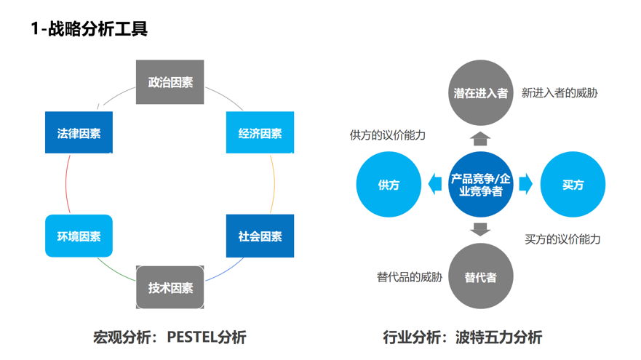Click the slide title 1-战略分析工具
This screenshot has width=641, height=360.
pyautogui.click(x=89, y=29)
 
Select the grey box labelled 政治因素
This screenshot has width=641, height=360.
pyautogui.click(x=170, y=83)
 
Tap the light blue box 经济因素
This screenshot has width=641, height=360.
pyautogui.click(x=260, y=133)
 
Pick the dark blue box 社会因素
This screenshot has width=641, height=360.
pyautogui.click(x=260, y=236)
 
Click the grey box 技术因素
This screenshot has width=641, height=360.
pyautogui.click(x=170, y=288)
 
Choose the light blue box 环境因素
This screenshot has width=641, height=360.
pyautogui.click(x=79, y=236)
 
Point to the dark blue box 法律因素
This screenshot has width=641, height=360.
pyautogui.click(x=79, y=133)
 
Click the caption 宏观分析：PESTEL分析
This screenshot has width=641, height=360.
pyautogui.click(x=170, y=337)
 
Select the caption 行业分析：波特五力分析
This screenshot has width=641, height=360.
pyautogui.click(x=462, y=337)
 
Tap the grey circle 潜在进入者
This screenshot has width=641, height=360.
pyautogui.click(x=480, y=93)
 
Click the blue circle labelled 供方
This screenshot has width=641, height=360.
pyautogui.click(x=389, y=185)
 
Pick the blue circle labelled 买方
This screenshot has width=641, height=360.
pyautogui.click(x=573, y=185)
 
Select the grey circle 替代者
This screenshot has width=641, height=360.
pyautogui.click(x=480, y=277)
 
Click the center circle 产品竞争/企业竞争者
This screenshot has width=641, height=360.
pyautogui.click(x=480, y=185)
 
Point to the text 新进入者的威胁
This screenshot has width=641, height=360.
pyautogui.click(x=560, y=93)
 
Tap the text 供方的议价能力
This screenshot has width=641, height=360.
pyautogui.click(x=387, y=135)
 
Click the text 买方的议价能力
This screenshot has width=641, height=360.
pyautogui.click(x=562, y=239)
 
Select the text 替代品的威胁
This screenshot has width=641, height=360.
pyautogui.click(x=409, y=277)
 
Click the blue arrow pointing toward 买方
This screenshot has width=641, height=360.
pyautogui.click(x=525, y=185)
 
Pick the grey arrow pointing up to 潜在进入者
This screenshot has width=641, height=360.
pyautogui.click(x=480, y=138)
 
